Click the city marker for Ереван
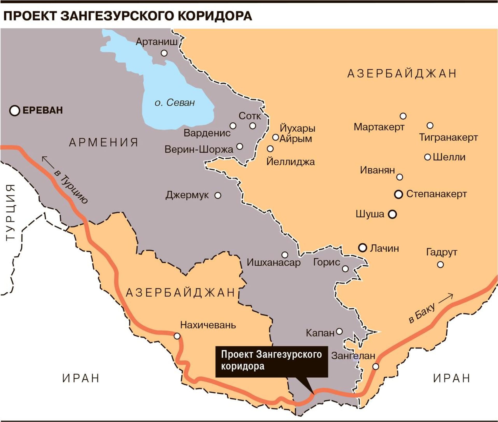(x=15, y=111)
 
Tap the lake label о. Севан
(x=174, y=103)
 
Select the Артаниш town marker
(x=164, y=53)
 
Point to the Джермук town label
(x=187, y=195)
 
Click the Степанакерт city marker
(x=398, y=194)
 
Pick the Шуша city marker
(x=392, y=214)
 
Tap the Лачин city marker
(x=362, y=248)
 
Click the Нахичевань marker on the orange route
(x=177, y=336)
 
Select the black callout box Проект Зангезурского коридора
(x=271, y=361)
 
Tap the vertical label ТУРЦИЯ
(x=11, y=212)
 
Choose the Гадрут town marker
(x=440, y=265)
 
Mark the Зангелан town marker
(x=376, y=367)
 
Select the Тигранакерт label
(x=448, y=137)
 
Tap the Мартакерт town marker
(x=403, y=116)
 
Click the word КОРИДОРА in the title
(x=215, y=16)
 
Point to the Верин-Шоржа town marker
(x=240, y=146)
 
